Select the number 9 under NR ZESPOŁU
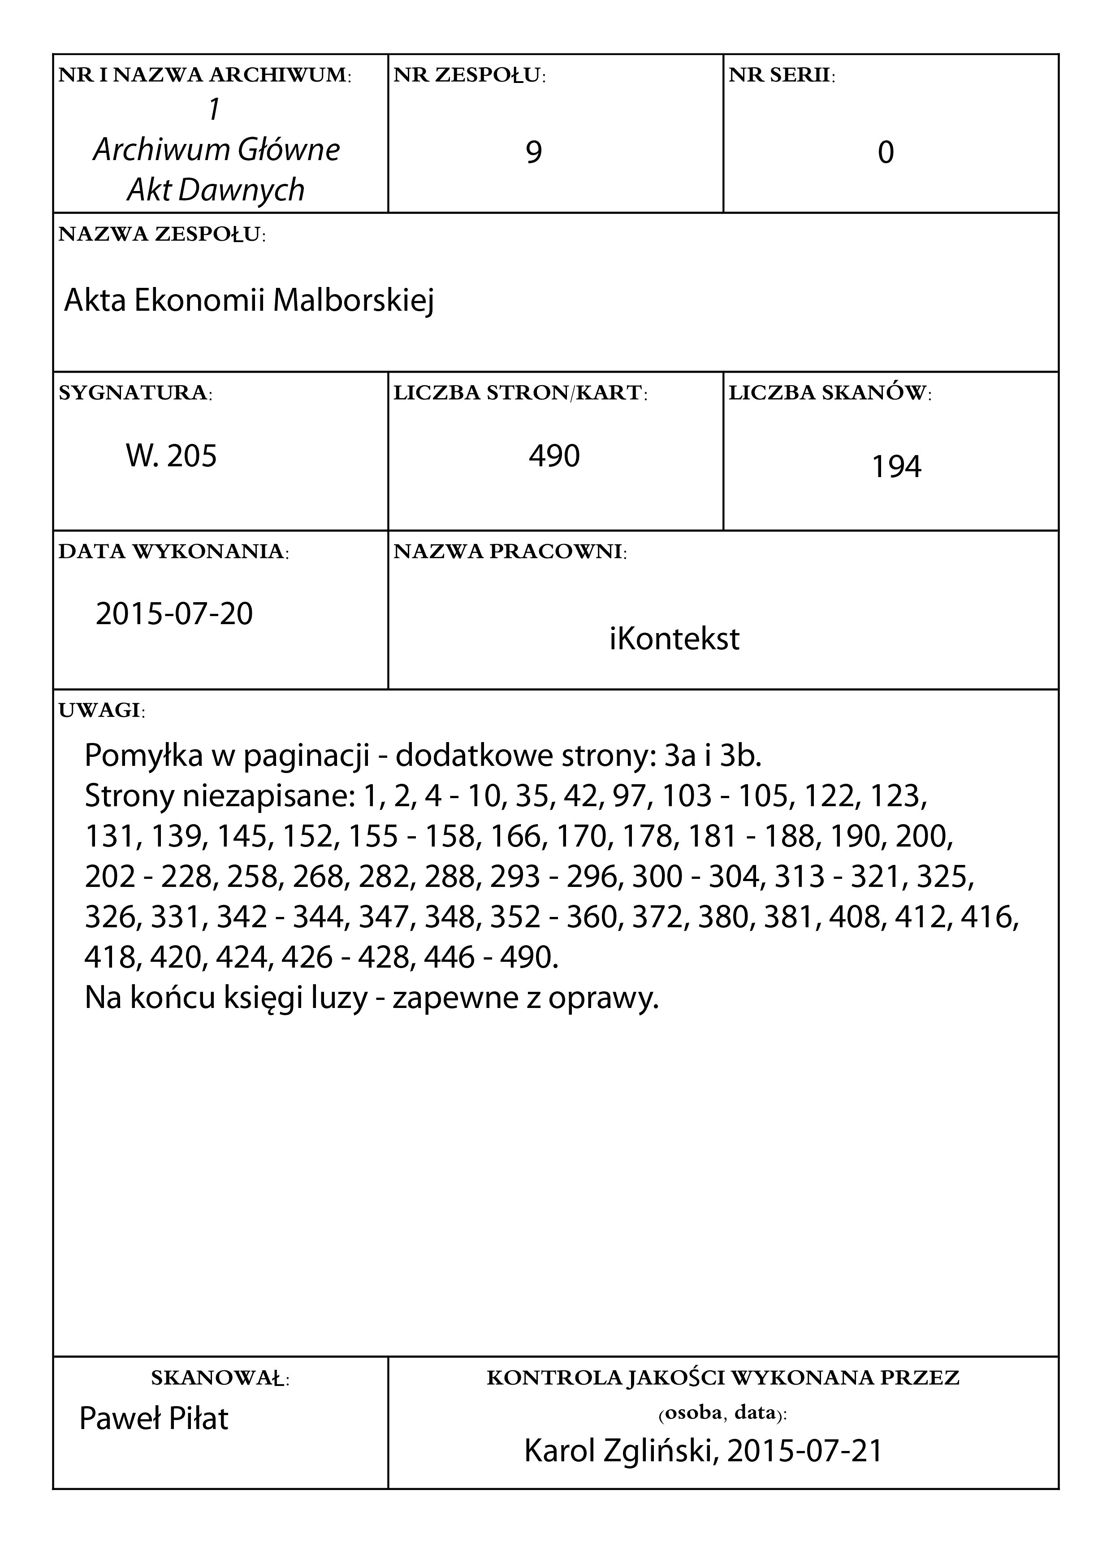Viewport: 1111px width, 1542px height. pyautogui.click(x=534, y=152)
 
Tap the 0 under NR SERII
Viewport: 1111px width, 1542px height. pyautogui.click(x=886, y=153)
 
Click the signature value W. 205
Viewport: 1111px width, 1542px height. pyautogui.click(x=171, y=456)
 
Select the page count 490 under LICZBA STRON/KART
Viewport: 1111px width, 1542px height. pyautogui.click(x=554, y=456)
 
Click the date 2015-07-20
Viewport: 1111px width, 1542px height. pyautogui.click(x=174, y=614)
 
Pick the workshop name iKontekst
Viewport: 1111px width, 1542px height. pyautogui.click(x=674, y=639)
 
